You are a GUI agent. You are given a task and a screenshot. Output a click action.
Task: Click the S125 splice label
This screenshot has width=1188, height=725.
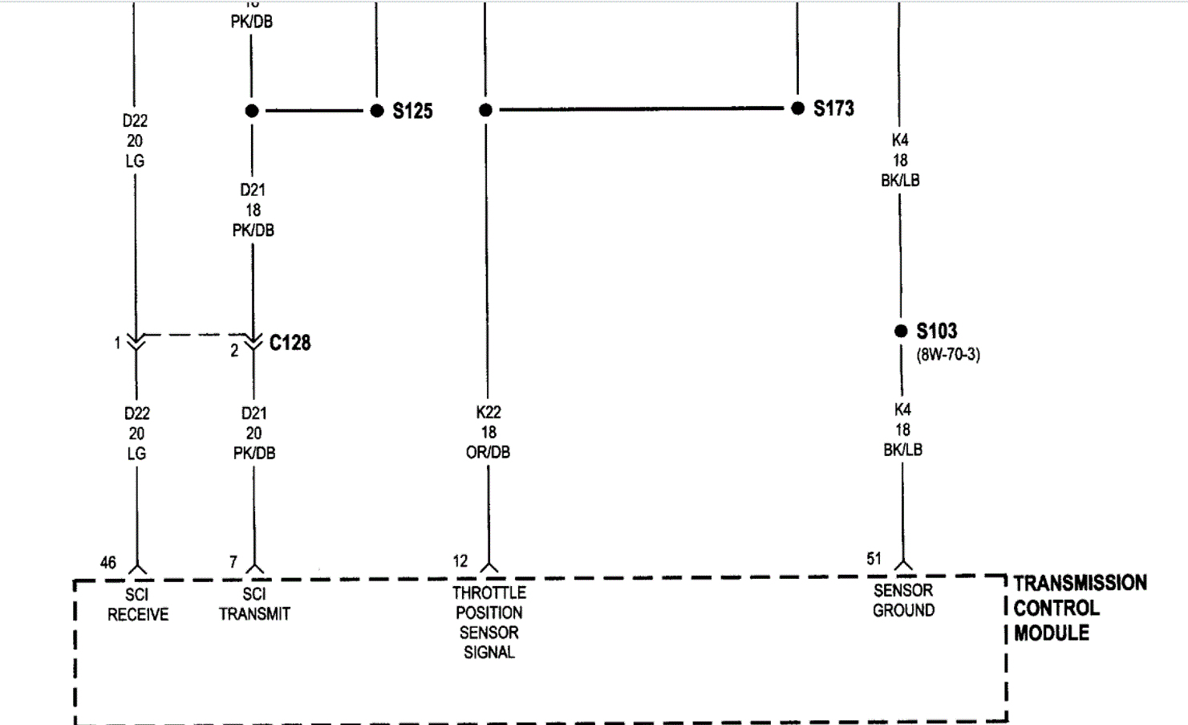pyautogui.click(x=412, y=111)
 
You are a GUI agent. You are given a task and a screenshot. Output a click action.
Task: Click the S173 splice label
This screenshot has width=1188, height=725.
pyautogui.click(x=833, y=108)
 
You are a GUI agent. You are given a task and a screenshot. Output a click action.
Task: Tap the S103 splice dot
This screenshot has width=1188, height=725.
pyautogui.click(x=901, y=331)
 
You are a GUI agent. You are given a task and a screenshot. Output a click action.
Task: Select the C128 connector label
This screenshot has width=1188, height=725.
pyautogui.click(x=290, y=343)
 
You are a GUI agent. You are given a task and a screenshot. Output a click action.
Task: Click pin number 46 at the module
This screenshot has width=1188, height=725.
pyautogui.click(x=108, y=563)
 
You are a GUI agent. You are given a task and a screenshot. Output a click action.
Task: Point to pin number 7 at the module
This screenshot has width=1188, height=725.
pyautogui.click(x=233, y=562)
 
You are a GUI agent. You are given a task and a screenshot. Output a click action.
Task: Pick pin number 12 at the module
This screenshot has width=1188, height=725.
pyautogui.click(x=460, y=561)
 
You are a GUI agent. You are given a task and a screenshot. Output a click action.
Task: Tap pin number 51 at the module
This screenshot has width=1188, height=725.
pyautogui.click(x=874, y=559)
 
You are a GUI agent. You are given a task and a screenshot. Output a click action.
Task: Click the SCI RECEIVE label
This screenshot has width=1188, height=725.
pyautogui.click(x=138, y=605)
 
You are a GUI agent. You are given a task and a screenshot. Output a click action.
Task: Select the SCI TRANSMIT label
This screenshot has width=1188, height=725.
pyautogui.click(x=254, y=604)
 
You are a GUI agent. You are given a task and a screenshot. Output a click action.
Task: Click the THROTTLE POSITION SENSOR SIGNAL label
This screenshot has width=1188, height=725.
pyautogui.click(x=489, y=622)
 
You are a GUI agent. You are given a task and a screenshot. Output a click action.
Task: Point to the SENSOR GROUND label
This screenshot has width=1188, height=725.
pyautogui.click(x=903, y=600)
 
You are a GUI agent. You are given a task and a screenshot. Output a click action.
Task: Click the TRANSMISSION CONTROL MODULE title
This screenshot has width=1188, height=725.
pyautogui.click(x=1080, y=608)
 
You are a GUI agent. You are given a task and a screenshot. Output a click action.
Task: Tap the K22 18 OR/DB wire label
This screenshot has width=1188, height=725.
pyautogui.click(x=488, y=432)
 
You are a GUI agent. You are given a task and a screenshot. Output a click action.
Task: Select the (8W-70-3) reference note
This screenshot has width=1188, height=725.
pyautogui.click(x=948, y=354)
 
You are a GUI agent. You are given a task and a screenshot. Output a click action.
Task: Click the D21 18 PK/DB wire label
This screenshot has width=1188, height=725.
pyautogui.click(x=253, y=210)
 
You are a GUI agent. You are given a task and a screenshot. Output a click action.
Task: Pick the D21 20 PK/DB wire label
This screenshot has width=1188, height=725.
pyautogui.click(x=253, y=433)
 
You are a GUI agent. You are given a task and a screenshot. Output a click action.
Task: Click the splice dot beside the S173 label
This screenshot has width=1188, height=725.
pyautogui.click(x=797, y=108)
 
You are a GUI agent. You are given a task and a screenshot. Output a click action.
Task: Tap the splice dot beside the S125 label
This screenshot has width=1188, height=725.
pyautogui.click(x=377, y=111)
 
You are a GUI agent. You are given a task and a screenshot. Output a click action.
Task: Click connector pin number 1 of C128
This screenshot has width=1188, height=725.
pyautogui.click(x=117, y=344)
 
